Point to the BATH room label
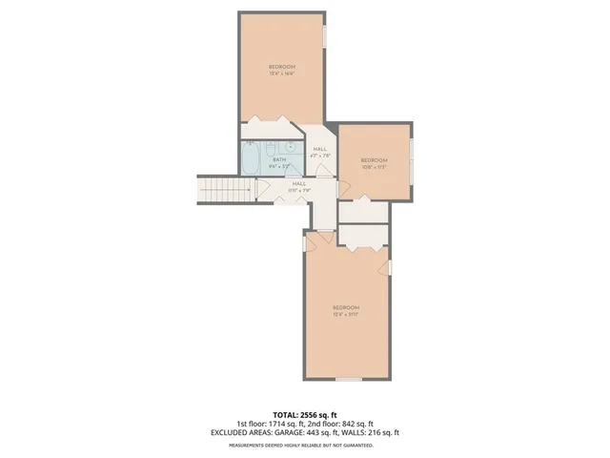pos(279,160)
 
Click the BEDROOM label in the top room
pos(281,66)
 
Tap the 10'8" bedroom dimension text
pos(374,167)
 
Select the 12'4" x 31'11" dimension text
pos(345,314)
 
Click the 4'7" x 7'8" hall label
pos(320,156)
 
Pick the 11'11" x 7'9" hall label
pos(299,190)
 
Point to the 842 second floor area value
pos(348,425)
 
